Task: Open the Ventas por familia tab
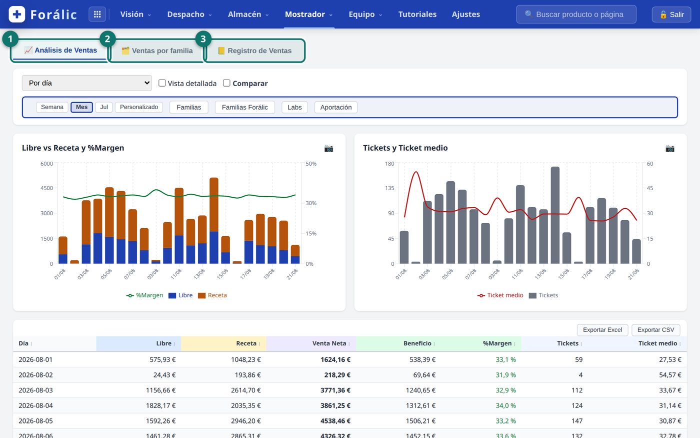pos(157,51)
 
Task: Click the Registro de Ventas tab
pos(254,51)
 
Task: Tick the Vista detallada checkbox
pos(162,83)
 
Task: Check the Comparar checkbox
pos(226,83)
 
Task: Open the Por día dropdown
pos(87,83)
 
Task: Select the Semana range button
pos(52,107)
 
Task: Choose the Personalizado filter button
pos(139,107)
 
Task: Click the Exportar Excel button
pos(602,330)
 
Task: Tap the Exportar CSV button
pos(655,330)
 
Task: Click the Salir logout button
pos(671,15)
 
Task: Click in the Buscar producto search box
pos(576,15)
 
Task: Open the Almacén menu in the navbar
pos(248,15)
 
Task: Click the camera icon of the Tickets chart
pos(669,148)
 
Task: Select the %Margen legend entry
pos(144,295)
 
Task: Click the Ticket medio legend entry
pos(500,295)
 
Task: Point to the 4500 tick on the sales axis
pos(46,188)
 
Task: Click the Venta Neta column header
pos(329,343)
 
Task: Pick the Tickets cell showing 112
pos(577,390)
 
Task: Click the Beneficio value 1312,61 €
pos(420,405)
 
